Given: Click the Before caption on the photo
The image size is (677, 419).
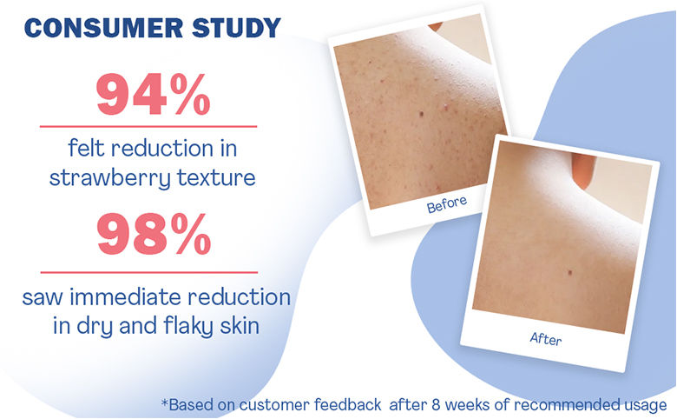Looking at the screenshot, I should [447, 205].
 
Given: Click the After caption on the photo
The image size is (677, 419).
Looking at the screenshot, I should [546, 338].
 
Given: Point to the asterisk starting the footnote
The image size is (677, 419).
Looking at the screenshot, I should [164, 402].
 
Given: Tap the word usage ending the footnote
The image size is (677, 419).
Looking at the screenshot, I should [647, 406].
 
